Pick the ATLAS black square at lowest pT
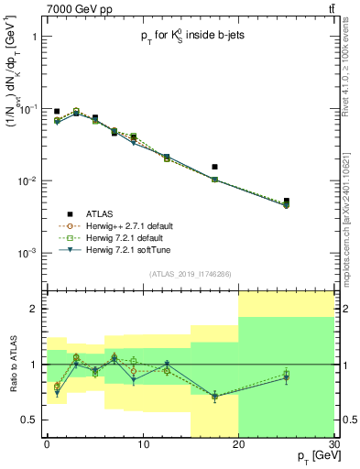[57, 111]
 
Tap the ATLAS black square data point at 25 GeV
[286, 201]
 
